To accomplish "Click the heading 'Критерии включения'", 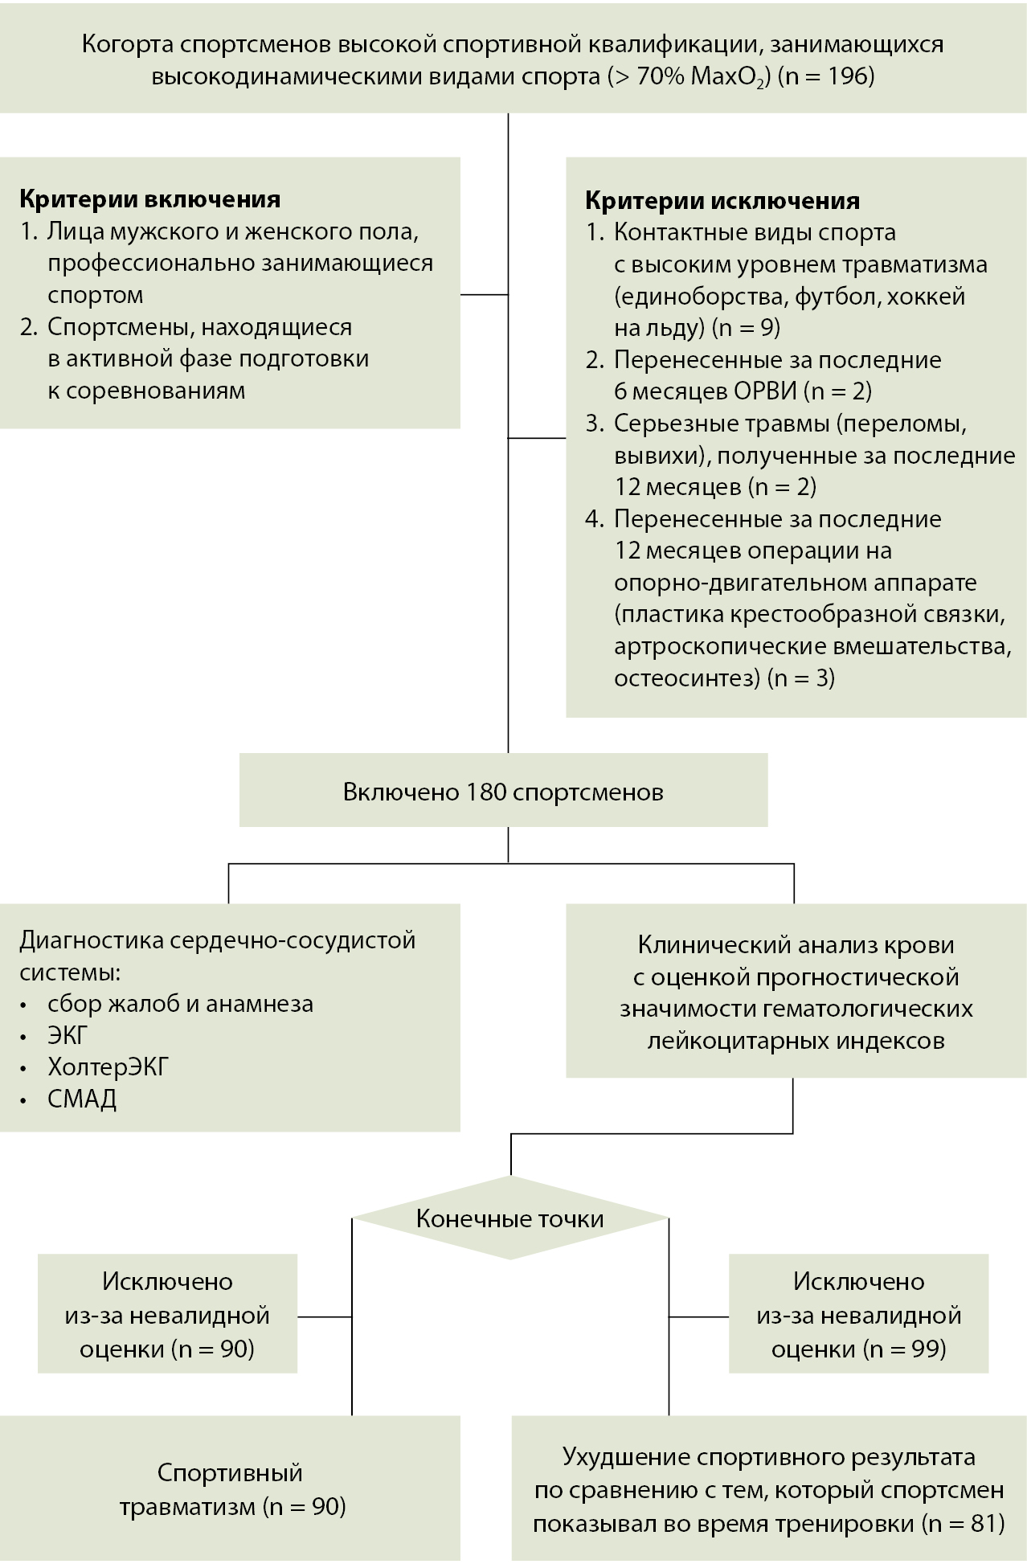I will [x=149, y=199].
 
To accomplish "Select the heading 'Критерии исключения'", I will [x=722, y=200].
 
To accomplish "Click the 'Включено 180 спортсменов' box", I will [x=503, y=792].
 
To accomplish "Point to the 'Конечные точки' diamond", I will [x=509, y=1218].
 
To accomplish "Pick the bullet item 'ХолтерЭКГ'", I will [x=108, y=1067].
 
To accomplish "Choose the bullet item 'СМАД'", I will [x=82, y=1099].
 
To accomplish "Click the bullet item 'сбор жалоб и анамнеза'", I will [x=180, y=1004].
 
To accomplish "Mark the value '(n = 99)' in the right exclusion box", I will [x=904, y=1348].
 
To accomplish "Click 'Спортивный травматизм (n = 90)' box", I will [x=231, y=1489].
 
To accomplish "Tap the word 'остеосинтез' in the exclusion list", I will [x=686, y=678].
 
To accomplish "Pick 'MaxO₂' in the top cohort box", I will [x=727, y=78].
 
